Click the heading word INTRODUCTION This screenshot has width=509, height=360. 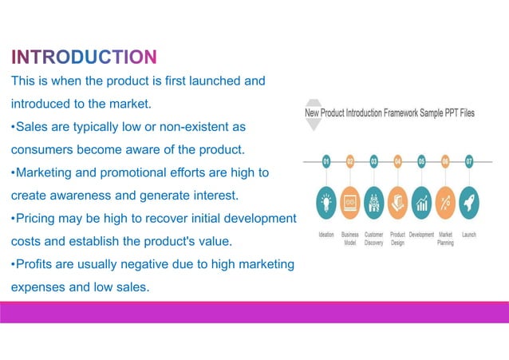(84, 57)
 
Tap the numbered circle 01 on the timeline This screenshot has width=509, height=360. (326, 161)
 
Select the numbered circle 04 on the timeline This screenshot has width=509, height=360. (397, 161)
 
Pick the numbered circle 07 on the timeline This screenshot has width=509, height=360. (469, 161)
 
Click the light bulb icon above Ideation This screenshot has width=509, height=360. (326, 203)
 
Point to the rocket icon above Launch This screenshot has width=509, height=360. (469, 203)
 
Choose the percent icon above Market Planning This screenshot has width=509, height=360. (445, 203)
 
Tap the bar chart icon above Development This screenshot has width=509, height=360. (421, 203)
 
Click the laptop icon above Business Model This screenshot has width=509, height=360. (349, 203)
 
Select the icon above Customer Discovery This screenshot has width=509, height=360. (373, 203)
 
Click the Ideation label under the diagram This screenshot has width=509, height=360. (326, 235)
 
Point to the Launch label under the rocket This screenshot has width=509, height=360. (469, 235)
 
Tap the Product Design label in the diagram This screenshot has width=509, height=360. (397, 239)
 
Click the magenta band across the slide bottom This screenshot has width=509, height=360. (254, 312)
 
